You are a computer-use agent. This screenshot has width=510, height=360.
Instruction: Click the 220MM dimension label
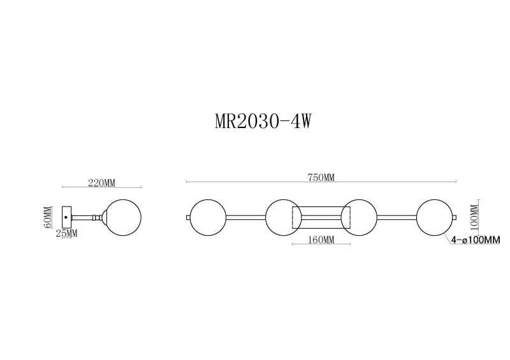tap(101, 183)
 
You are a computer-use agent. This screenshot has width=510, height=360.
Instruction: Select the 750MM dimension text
tap(321, 177)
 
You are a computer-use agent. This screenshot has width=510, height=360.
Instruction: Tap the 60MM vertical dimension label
tap(47, 219)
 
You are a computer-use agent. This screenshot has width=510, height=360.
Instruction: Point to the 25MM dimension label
tap(66, 234)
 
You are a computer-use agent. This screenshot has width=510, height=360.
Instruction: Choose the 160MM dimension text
tap(321, 240)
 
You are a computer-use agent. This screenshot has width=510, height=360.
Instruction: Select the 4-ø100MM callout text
tap(475, 240)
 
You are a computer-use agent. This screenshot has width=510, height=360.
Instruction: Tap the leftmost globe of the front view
tap(208, 217)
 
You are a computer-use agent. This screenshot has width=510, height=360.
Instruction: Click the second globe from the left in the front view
tap(283, 217)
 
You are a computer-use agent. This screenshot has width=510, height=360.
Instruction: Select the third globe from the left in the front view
tap(359, 217)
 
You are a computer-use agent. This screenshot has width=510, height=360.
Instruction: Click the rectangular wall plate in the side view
tap(66, 217)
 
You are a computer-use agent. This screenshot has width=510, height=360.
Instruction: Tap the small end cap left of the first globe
tap(188, 217)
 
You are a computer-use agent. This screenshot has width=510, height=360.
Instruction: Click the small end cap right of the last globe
tap(454, 217)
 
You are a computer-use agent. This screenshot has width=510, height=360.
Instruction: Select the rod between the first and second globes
tap(245, 217)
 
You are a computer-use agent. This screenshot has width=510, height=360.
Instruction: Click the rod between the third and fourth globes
tap(397, 217)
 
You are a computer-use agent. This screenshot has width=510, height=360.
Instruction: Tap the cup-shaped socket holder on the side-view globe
tap(103, 217)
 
